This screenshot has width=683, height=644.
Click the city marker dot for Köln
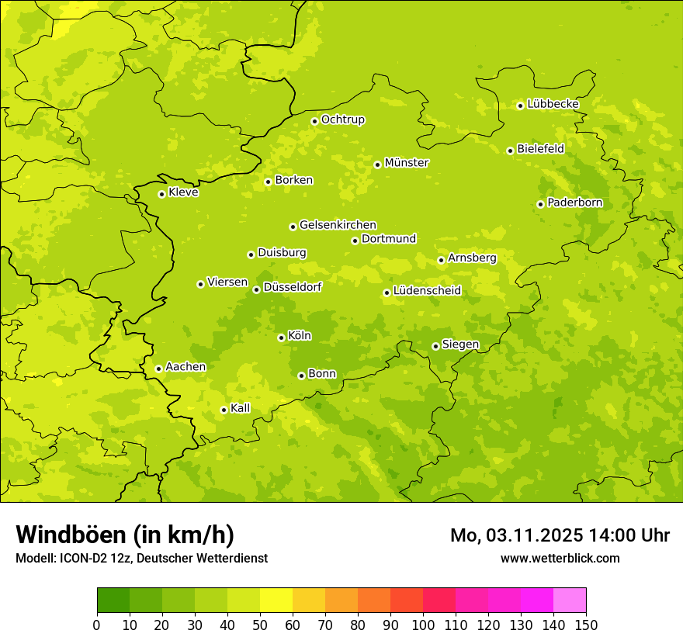(281, 338)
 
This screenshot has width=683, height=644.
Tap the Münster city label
(407, 163)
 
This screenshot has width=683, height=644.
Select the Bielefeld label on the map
(540, 149)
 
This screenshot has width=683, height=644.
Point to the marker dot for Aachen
(158, 369)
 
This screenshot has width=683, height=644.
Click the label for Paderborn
(574, 203)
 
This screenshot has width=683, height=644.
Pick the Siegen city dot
(435, 346)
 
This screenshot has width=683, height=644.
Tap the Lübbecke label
(553, 104)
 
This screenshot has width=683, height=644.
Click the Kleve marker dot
(161, 194)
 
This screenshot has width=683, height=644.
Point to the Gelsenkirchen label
(338, 225)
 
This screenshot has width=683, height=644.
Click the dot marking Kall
(224, 410)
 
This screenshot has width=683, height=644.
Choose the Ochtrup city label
(342, 119)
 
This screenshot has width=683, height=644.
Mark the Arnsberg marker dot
(441, 260)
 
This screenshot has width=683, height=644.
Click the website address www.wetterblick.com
(560, 558)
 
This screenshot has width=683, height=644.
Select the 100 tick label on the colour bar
(423, 625)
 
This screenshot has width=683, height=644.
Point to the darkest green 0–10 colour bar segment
(113, 601)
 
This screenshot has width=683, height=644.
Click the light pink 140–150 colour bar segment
(570, 601)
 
